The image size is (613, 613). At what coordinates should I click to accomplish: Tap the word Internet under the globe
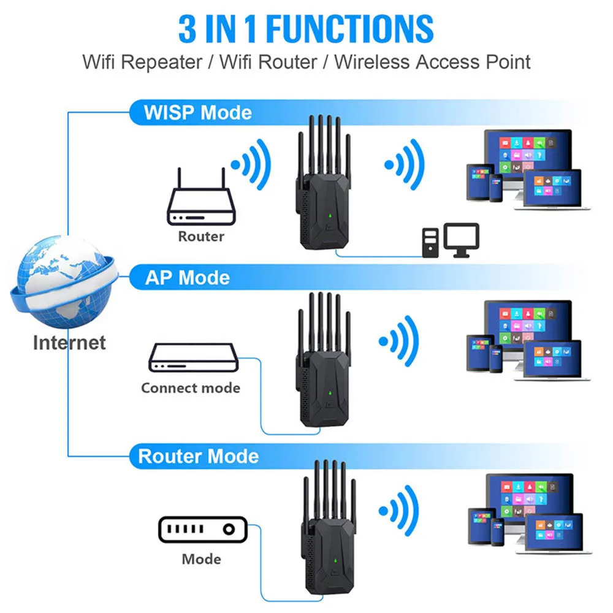pyautogui.click(x=69, y=343)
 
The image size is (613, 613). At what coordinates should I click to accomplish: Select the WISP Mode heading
pyautogui.click(x=197, y=113)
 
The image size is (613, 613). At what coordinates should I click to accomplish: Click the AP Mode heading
pyautogui.click(x=187, y=278)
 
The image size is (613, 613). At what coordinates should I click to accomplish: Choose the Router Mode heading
pyautogui.click(x=198, y=457)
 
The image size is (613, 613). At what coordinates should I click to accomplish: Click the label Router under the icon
pyautogui.click(x=201, y=236)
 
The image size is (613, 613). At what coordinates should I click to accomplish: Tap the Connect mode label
pyautogui.click(x=191, y=388)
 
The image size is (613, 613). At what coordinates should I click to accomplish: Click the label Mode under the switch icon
pyautogui.click(x=201, y=559)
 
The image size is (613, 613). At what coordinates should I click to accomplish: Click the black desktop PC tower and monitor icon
pyautogui.click(x=450, y=240)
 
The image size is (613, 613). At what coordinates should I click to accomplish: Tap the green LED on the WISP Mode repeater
pyautogui.click(x=330, y=216)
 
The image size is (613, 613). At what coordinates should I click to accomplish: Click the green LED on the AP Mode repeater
pyautogui.click(x=330, y=392)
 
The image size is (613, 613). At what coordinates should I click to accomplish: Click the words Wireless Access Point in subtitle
pyautogui.click(x=432, y=62)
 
